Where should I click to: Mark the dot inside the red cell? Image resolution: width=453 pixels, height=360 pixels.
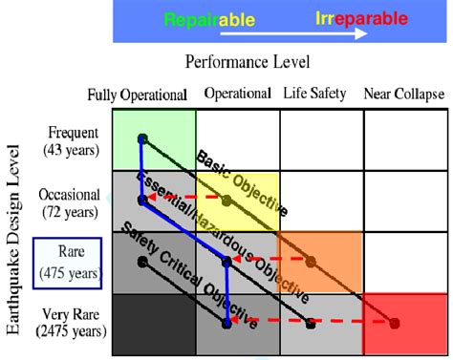(x=395, y=323)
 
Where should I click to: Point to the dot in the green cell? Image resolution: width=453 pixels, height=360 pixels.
(x=141, y=138)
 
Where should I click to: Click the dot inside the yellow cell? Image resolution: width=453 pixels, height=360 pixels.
(x=226, y=201)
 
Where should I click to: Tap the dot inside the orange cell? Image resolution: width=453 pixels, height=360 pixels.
(x=311, y=261)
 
